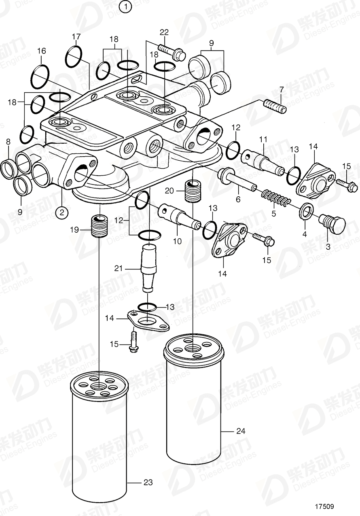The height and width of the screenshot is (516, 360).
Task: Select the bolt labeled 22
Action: tap(172, 51)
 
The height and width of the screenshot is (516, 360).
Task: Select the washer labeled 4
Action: tap(307, 210)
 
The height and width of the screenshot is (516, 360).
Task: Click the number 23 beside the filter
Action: tap(148, 482)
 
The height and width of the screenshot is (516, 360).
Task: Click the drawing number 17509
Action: tap(325, 506)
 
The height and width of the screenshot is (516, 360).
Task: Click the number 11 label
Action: tap(263, 139)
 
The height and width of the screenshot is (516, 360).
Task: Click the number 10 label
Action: tap(177, 241)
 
